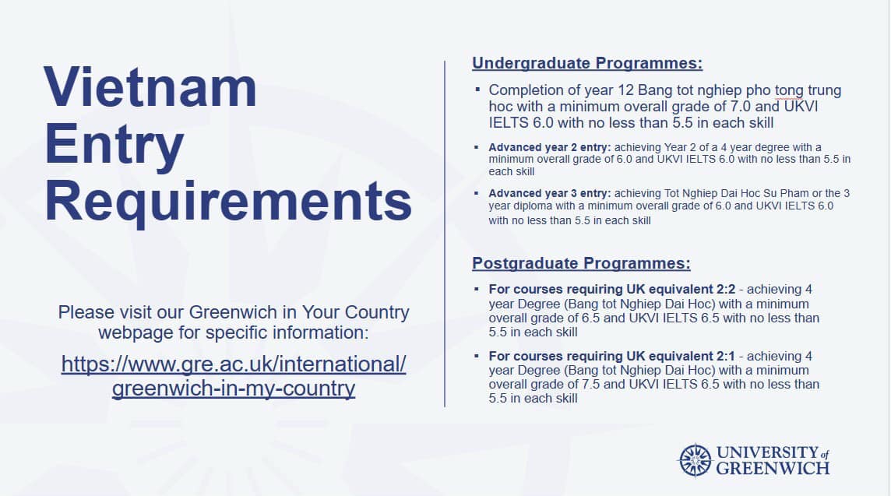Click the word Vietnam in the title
[x=150, y=87]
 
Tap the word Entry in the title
[x=114, y=145]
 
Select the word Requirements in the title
[x=228, y=202]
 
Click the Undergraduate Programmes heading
[x=587, y=63]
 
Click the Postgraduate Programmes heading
[x=581, y=263]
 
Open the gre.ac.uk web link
[x=234, y=376]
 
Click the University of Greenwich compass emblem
[x=695, y=460]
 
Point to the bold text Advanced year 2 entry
[x=550, y=147]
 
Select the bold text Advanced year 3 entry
[x=550, y=193]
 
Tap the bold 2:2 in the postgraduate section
[x=724, y=289]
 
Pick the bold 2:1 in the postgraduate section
[x=723, y=357]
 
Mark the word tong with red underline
[x=789, y=91]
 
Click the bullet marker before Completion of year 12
[x=477, y=90]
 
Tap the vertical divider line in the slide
[x=445, y=234]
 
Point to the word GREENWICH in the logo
[x=773, y=469]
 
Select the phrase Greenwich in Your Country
[x=299, y=312]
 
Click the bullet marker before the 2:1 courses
[x=477, y=356]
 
